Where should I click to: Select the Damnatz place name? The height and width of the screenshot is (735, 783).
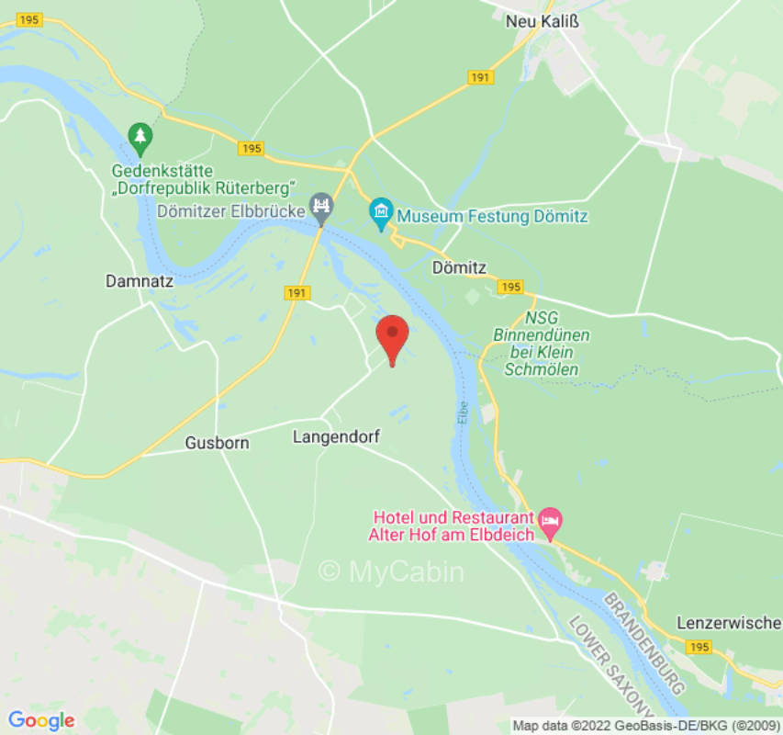click(139, 282)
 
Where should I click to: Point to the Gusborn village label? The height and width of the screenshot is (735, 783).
click(217, 442)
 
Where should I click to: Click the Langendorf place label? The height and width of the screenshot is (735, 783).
click(336, 436)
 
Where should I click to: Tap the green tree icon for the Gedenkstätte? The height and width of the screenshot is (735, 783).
click(140, 139)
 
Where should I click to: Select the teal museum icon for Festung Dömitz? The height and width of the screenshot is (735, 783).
click(381, 212)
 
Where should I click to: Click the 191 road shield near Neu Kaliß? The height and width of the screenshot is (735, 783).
click(480, 78)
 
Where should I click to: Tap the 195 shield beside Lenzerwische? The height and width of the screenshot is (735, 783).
click(699, 648)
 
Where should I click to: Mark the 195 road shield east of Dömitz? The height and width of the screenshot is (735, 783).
click(511, 288)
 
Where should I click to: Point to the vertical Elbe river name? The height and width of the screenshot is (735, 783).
click(463, 412)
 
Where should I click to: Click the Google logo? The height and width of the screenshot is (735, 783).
click(41, 719)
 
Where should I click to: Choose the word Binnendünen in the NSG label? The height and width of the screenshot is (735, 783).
click(542, 335)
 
